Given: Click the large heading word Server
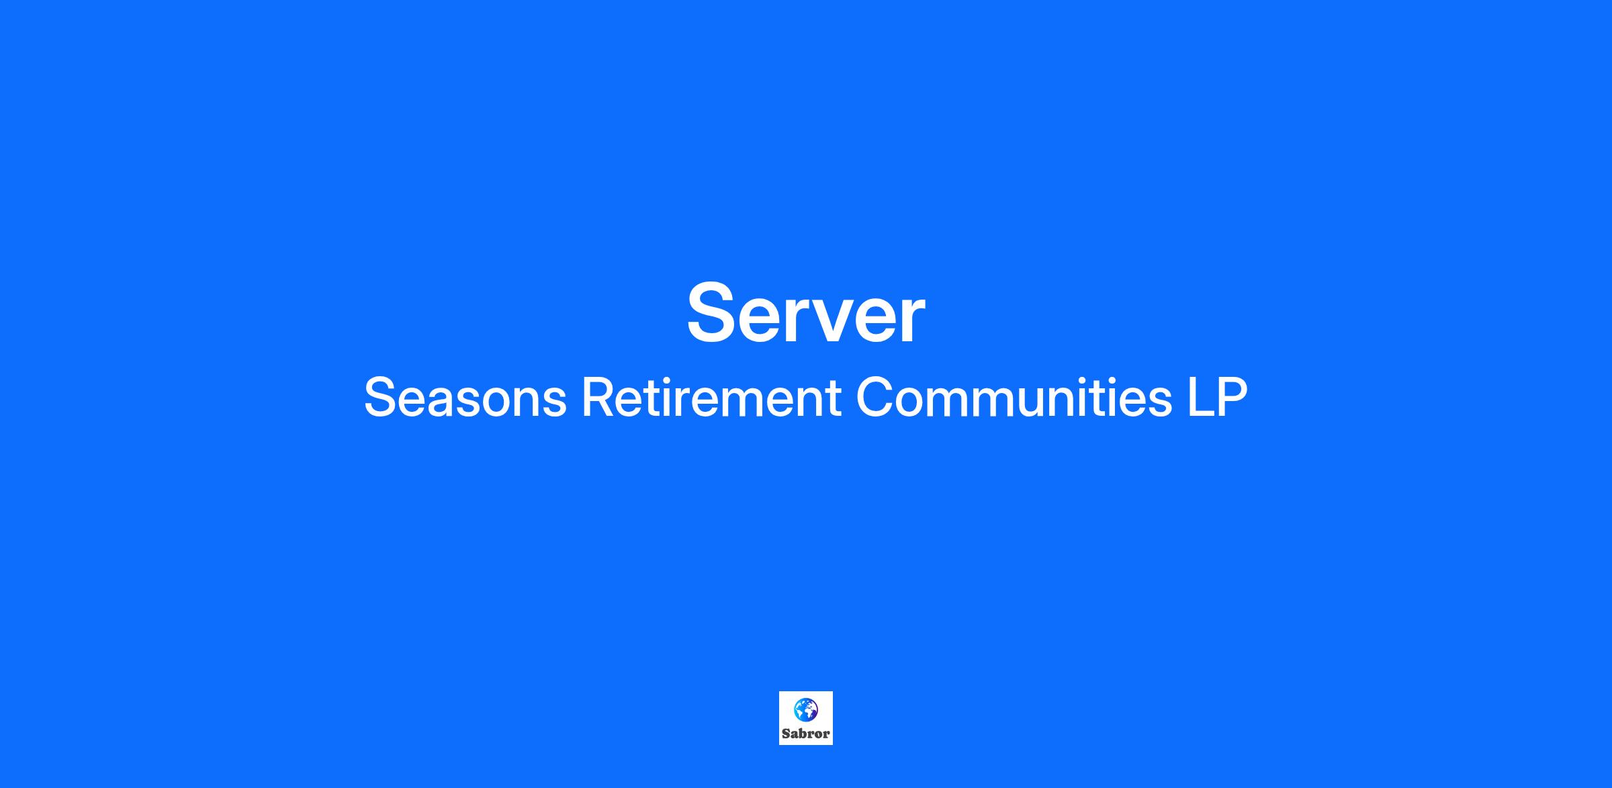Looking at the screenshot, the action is pyautogui.click(x=806, y=313).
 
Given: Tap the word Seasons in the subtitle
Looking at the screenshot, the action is pyautogui.click(x=465, y=398).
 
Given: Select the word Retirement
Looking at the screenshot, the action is pyautogui.click(x=711, y=398).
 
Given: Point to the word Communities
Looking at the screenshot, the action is pyautogui.click(x=1014, y=398).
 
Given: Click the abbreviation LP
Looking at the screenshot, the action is pyautogui.click(x=1218, y=398).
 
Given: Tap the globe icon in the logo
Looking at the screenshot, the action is pyautogui.click(x=806, y=709).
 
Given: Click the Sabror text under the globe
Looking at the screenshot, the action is pyautogui.click(x=806, y=734).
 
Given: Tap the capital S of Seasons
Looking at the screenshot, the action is pyautogui.click(x=379, y=398).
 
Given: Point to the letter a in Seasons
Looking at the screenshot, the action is pyautogui.click(x=444, y=402).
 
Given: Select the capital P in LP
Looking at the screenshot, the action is pyautogui.click(x=1233, y=398).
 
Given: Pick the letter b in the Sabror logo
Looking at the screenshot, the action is pyautogui.click(x=801, y=734).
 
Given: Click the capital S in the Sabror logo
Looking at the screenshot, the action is pyautogui.click(x=785, y=734).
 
